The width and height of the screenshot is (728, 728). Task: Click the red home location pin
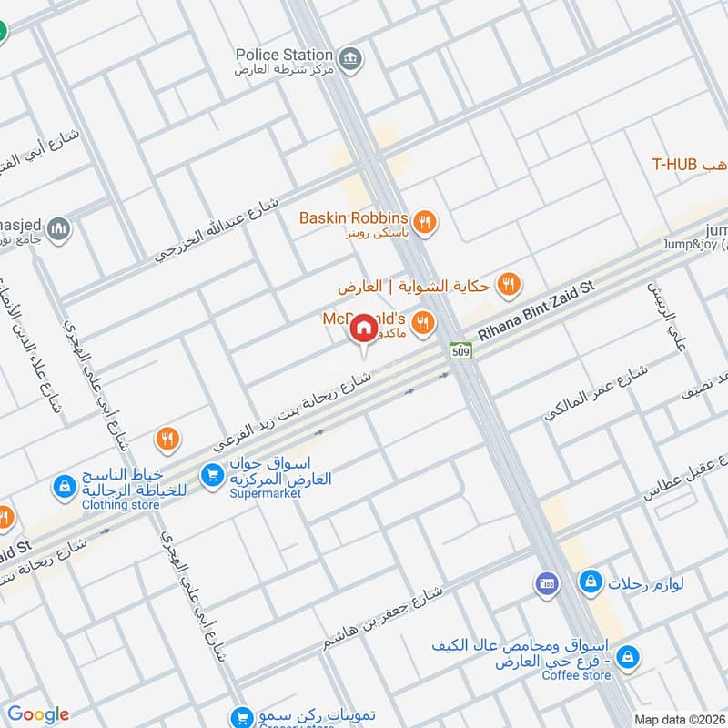tap(363, 329)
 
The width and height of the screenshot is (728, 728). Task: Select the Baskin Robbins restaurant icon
tap(423, 219)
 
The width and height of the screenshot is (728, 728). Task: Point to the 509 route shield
tap(459, 351)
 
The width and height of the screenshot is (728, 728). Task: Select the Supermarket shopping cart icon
tap(211, 474)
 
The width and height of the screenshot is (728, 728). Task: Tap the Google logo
tap(37, 714)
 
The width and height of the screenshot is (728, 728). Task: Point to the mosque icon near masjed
tap(58, 227)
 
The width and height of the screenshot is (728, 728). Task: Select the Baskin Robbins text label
tap(354, 218)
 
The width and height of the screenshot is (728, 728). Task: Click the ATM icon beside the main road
tap(547, 583)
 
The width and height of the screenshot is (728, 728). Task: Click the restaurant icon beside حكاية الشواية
tap(510, 285)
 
